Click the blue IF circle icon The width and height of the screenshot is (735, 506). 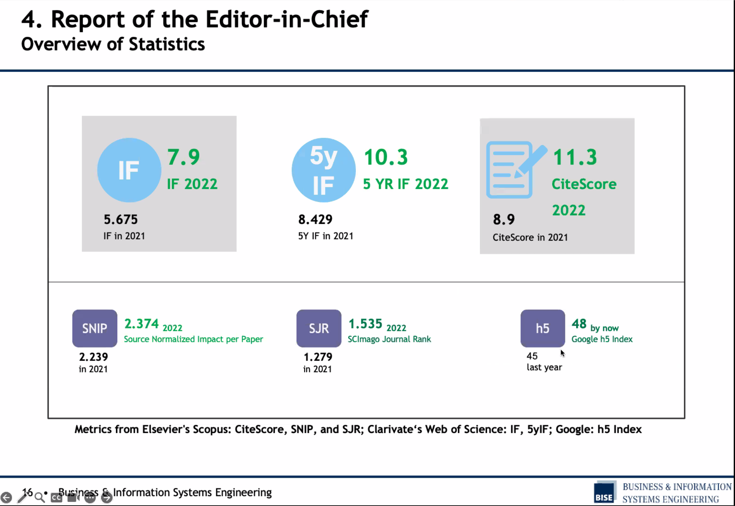click(x=129, y=170)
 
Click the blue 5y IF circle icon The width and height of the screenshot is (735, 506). click(x=324, y=170)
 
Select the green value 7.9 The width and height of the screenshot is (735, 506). click(x=183, y=157)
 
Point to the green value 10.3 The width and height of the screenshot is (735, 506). click(x=386, y=157)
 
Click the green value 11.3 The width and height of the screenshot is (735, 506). click(x=575, y=157)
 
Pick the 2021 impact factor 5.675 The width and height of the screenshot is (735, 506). click(x=121, y=220)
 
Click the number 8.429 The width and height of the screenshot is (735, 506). click(x=315, y=220)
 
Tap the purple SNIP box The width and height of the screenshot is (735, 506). click(x=95, y=328)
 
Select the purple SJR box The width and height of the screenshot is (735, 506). click(x=319, y=328)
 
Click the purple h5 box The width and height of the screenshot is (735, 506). click(x=543, y=328)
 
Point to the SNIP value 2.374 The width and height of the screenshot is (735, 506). click(x=142, y=324)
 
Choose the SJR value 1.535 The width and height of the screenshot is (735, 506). click(x=365, y=324)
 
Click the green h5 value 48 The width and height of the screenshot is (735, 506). click(x=579, y=324)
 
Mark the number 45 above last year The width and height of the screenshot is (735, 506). click(x=532, y=356)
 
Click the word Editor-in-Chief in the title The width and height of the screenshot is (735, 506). click(x=287, y=19)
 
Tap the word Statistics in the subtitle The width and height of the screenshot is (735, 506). click(x=167, y=44)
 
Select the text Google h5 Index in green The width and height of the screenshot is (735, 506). click(x=602, y=339)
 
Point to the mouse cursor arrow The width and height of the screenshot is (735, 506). click(x=563, y=353)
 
